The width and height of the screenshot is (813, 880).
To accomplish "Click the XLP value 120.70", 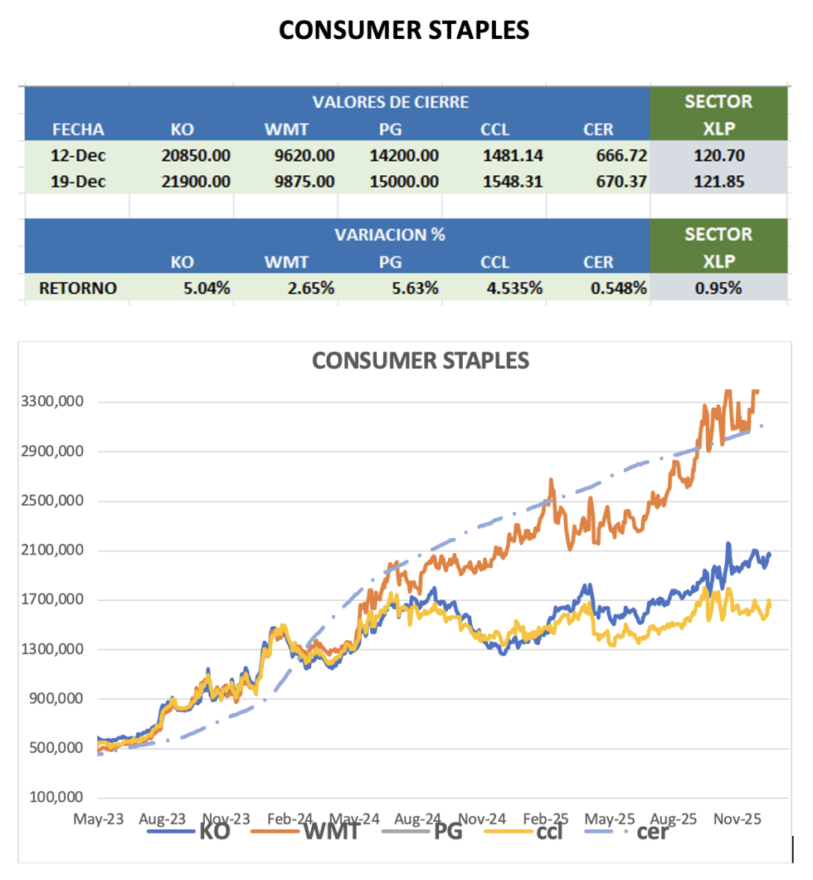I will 718,155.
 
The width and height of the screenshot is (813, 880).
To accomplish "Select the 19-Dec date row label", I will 78,182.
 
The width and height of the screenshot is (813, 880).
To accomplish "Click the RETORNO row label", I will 77,288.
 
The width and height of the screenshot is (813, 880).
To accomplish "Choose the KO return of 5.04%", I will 207,288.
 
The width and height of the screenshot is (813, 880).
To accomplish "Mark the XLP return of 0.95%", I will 718,288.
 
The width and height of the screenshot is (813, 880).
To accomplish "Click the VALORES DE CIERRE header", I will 390,102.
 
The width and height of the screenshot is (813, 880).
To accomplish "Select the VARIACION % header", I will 390,234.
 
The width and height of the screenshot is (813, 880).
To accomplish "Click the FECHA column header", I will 78,130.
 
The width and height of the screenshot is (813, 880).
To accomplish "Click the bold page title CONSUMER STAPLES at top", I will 404,30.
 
